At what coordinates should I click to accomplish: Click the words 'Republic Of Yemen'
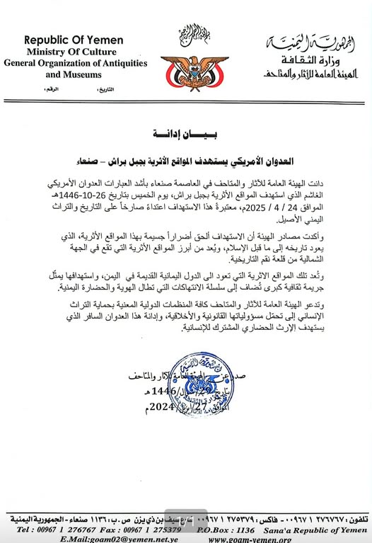[73, 40]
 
